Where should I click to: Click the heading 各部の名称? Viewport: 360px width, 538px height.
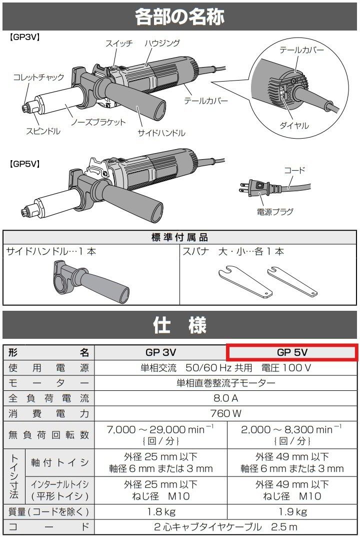179,17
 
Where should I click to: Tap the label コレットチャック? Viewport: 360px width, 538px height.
38,77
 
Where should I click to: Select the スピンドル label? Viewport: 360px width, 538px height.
43,131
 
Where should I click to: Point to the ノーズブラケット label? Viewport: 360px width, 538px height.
98,122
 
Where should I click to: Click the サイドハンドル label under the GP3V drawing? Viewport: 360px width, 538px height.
161,133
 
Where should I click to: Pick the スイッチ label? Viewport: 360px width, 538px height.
119,44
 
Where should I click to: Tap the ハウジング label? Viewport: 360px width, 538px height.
161,44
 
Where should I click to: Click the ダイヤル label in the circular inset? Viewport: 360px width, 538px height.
294,126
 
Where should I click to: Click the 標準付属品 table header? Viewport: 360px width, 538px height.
179,237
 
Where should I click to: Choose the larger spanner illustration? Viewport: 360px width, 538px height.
245,282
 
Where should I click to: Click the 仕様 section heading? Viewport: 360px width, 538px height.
179,326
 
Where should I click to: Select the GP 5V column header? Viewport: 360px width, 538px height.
292,352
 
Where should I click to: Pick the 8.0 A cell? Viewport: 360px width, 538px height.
226,399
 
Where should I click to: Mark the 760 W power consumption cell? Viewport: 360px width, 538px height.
226,414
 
